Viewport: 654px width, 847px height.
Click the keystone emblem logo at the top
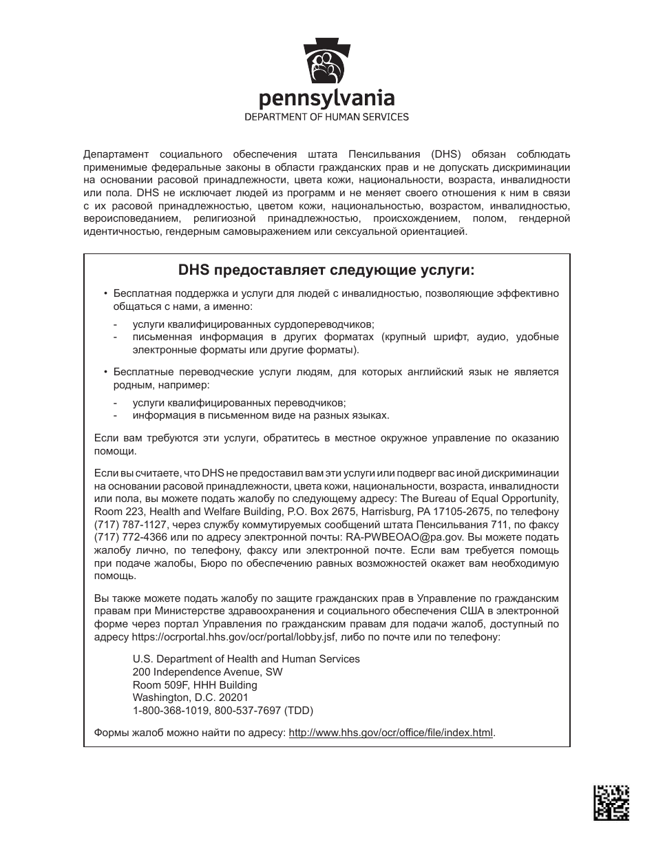[x=327, y=61]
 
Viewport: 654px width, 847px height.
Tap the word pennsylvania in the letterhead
[x=327, y=98]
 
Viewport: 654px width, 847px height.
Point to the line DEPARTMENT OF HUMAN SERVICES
[x=327, y=117]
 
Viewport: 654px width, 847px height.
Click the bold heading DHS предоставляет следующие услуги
[x=327, y=269]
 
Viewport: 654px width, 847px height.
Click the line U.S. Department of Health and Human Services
[x=246, y=659]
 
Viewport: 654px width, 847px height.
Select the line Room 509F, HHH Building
[x=195, y=685]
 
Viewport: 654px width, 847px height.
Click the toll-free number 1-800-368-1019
[x=163, y=711]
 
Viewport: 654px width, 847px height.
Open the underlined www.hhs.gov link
[x=390, y=733]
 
